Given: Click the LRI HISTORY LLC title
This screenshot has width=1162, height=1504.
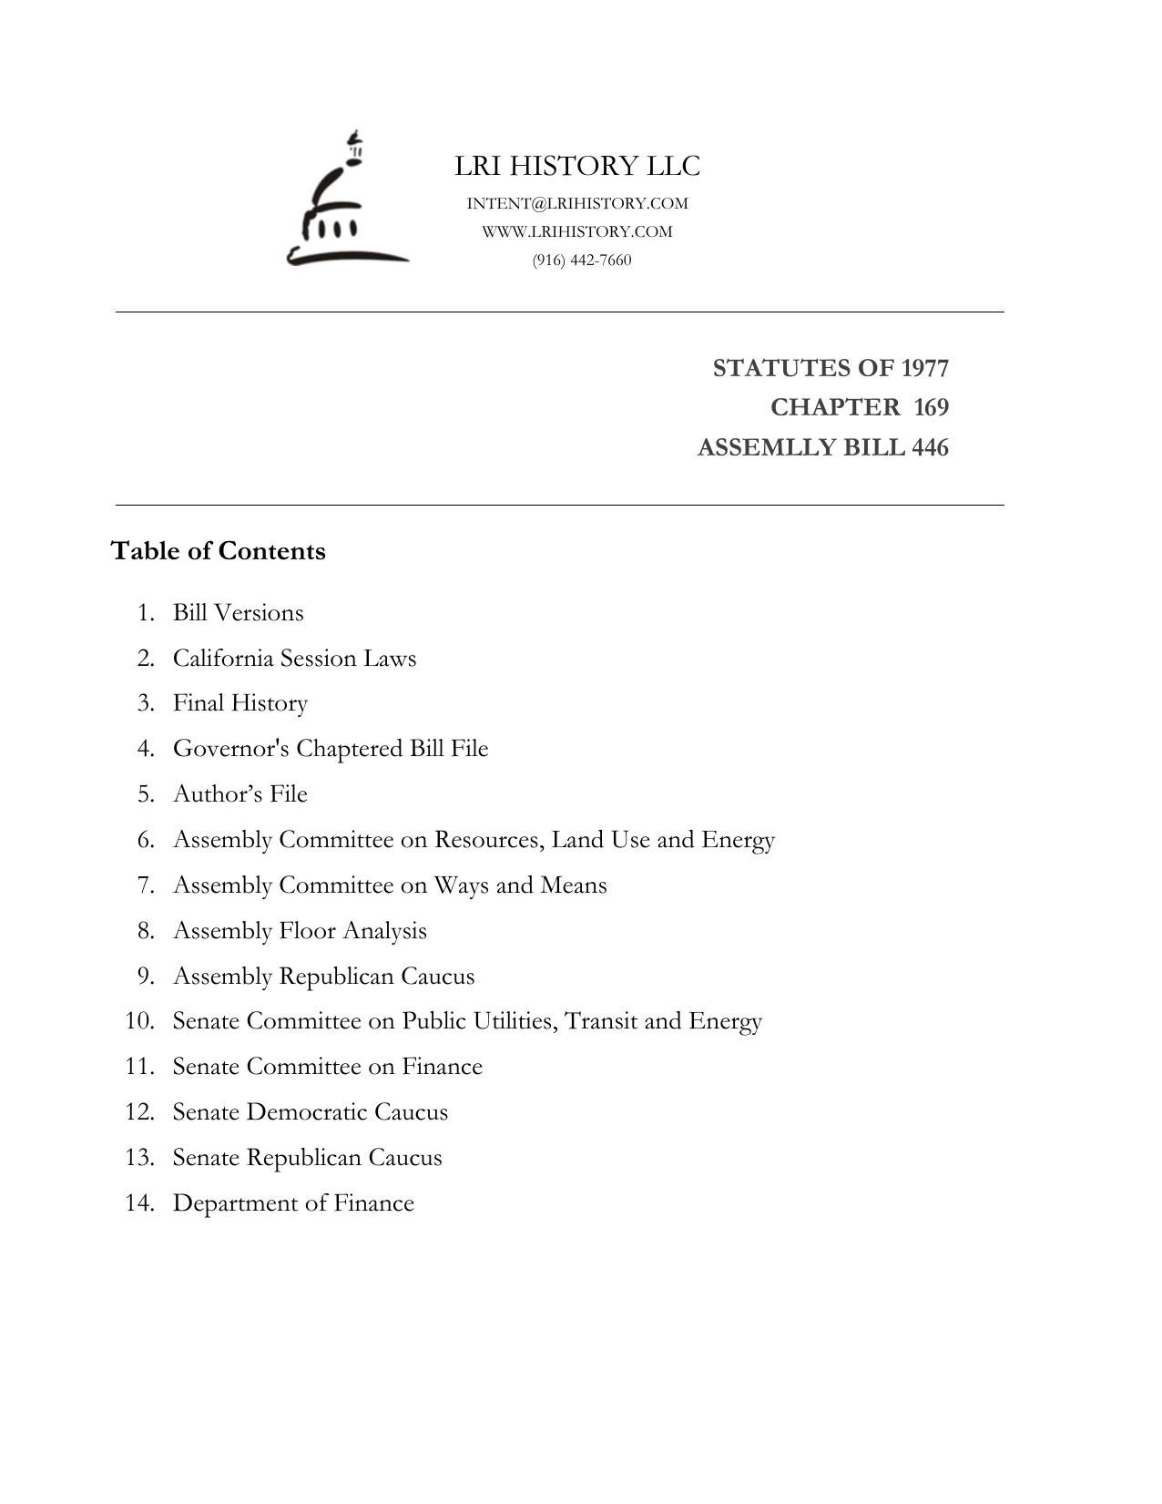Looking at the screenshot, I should point(577,166).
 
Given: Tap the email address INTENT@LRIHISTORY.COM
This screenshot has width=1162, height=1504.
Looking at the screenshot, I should point(577,203).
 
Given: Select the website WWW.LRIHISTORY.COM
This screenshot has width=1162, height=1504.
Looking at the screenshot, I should point(577,231).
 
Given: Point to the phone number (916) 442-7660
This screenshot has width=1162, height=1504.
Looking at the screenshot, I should point(582,260).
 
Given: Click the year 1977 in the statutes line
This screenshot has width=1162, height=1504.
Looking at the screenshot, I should point(925,368).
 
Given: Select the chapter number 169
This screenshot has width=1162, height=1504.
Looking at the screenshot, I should point(931,407).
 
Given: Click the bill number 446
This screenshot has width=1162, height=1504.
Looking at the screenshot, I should point(930,447).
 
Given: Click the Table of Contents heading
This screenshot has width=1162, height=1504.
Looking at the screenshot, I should point(219,551).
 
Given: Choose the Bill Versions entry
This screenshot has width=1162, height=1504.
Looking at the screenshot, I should point(239,612).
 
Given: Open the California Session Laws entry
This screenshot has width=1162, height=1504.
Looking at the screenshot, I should point(294,658).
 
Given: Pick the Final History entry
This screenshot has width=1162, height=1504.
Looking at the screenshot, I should point(240,703).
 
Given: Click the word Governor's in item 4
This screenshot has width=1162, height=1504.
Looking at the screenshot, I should point(231,748).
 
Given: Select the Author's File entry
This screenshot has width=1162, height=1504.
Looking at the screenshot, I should point(240,793).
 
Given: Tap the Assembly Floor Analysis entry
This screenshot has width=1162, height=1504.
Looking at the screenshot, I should point(300,930).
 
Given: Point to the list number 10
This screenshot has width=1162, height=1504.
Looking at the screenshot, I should point(139,1020).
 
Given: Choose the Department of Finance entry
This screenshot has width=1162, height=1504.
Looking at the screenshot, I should point(293,1202).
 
